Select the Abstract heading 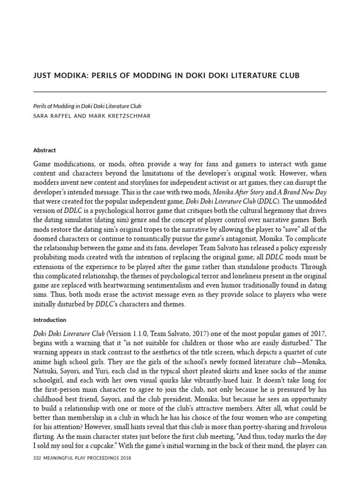tap(45, 150)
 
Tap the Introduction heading tap(50, 320)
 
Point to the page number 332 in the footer tap(38, 458)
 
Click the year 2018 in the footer tap(124, 458)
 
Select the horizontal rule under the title tap(180, 92)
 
